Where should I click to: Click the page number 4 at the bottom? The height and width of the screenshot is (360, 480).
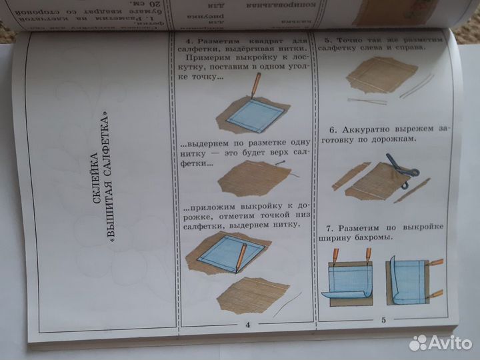point(247,325)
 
